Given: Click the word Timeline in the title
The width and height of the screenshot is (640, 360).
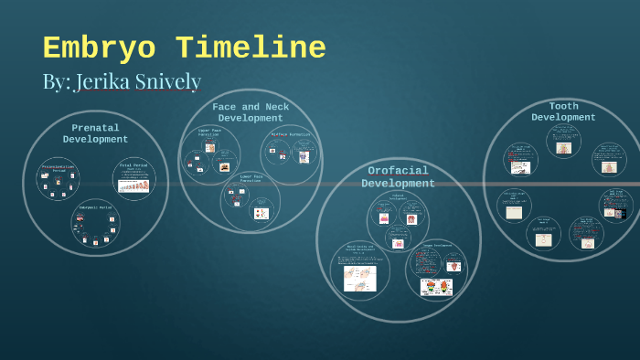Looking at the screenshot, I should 251,48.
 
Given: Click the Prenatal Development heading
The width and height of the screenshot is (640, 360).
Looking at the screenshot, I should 95,133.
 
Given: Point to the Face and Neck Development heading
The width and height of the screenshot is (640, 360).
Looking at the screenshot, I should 251,112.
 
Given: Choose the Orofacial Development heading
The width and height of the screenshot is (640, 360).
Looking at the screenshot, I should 398,176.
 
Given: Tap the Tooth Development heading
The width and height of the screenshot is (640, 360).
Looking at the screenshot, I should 563,111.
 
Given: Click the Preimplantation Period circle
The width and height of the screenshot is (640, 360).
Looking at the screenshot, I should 58,179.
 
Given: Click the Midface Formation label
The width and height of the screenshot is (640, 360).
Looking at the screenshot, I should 292,135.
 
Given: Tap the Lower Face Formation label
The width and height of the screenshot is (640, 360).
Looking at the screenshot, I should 251,179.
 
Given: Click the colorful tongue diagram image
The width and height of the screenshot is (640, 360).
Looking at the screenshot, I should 435,287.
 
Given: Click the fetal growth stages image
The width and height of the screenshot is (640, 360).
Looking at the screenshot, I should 134,185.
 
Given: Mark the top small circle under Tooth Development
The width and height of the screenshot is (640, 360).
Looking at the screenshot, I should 563,142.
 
